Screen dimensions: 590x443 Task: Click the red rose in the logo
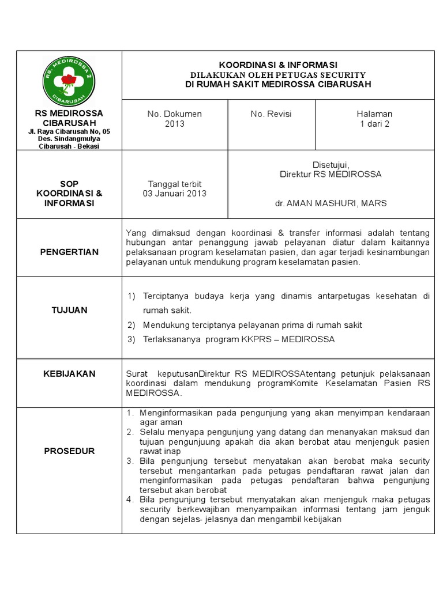coord(69,80)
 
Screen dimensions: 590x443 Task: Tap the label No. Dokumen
coord(174,114)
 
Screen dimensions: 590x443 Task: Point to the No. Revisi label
coord(271,114)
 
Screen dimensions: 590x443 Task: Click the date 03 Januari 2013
coord(174,194)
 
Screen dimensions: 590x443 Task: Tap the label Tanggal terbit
coord(174,184)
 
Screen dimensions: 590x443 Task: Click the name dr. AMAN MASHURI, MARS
coord(331,203)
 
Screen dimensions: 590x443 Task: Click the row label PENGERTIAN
coord(69,252)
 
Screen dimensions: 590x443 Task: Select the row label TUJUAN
coord(69,310)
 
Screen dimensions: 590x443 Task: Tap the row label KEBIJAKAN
coord(69,373)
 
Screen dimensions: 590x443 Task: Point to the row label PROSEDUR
coord(69,451)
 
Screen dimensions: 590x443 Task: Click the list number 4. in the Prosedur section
coord(130,498)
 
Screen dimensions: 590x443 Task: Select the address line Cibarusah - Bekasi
coord(69,146)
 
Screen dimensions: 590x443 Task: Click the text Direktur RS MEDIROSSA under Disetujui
coord(331,174)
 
